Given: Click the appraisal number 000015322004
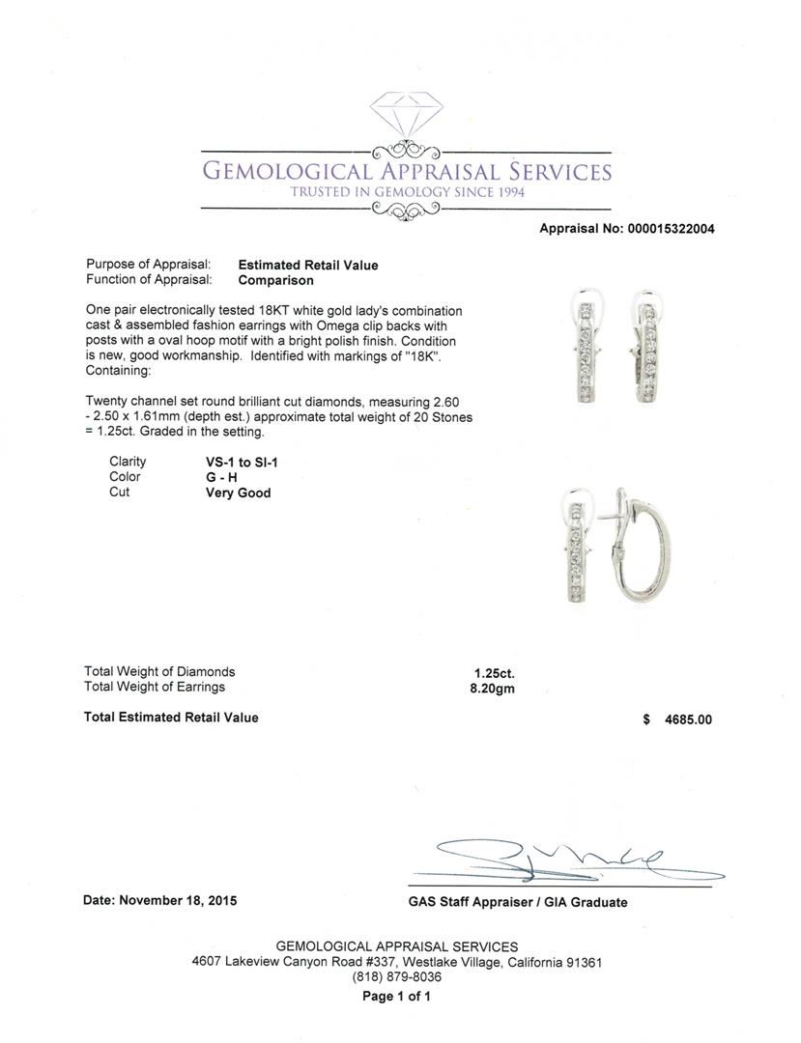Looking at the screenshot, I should tap(670, 229).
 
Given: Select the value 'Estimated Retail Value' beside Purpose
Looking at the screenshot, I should tap(308, 265).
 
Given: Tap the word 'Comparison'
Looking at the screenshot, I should tap(275, 280).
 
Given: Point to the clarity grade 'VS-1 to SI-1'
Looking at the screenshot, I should tap(236, 462).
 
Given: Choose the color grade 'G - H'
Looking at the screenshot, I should tap(215, 477).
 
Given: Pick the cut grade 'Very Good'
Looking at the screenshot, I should tap(232, 493).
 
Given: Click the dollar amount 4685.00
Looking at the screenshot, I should tap(686, 719).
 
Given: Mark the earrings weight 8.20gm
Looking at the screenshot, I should tap(491, 688).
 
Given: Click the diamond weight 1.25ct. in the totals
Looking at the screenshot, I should tap(490, 672).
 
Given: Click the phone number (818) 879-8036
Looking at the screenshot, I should tap(396, 977).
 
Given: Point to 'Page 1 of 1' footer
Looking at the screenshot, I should tap(396, 997).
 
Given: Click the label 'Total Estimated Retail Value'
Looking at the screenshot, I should tap(171, 717).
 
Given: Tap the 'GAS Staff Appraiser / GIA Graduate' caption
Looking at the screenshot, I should tap(517, 902).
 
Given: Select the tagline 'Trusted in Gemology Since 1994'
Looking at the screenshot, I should tap(406, 191).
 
